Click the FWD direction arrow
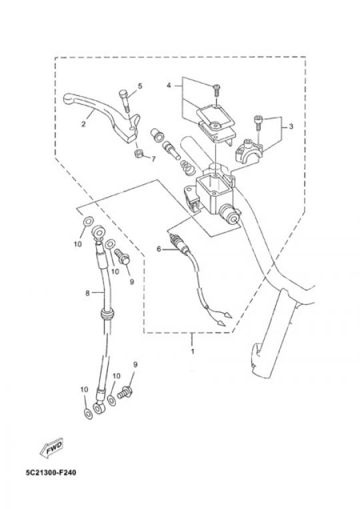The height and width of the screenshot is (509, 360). pos(51,448)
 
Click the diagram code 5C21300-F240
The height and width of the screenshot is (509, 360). pos(51,472)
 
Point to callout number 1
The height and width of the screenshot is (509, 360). pos(192,352)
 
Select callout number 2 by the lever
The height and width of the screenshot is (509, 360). pos(83,124)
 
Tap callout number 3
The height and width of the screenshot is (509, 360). pos(291,126)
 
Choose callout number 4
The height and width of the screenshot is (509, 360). pos(169,85)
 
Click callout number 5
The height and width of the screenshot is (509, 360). pos(140,86)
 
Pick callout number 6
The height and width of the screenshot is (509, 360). pos(159,249)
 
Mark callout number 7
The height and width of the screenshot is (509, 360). pos(153,159)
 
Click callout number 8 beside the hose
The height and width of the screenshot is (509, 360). pos(87,293)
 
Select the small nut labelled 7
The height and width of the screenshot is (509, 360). pos(139,153)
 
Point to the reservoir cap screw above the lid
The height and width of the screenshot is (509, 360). pos(217,90)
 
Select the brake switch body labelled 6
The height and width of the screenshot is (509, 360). pos(179,243)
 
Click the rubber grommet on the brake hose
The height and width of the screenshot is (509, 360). pos(107,314)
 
